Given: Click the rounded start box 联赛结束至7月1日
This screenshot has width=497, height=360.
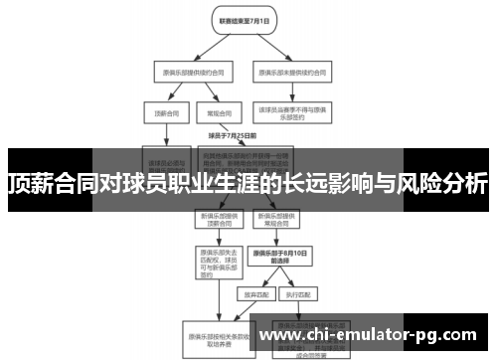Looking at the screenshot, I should pos(243,19).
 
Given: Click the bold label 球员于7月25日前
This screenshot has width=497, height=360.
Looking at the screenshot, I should pos(233,135).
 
